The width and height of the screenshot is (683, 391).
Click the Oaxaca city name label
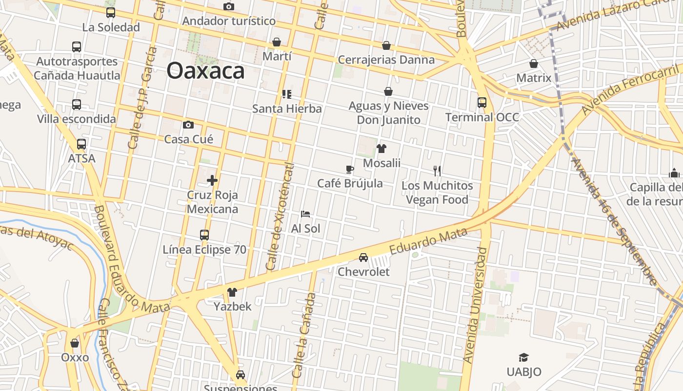click(x=205, y=70)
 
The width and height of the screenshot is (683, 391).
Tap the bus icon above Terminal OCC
click(x=482, y=103)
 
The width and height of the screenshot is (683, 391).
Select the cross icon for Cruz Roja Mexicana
click(x=212, y=180)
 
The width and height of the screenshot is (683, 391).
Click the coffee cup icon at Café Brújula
click(x=350, y=169)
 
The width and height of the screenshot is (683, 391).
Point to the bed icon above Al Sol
click(x=305, y=214)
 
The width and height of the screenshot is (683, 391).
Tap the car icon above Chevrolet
click(x=363, y=258)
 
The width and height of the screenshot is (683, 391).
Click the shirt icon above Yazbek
click(x=232, y=292)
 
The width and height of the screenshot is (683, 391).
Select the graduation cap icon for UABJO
click(x=523, y=358)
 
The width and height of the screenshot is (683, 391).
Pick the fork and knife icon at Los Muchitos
click(x=437, y=171)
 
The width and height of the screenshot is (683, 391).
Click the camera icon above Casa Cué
click(x=188, y=125)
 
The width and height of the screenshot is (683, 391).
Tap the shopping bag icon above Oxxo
click(x=75, y=343)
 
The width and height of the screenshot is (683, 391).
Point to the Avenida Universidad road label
click(x=476, y=305)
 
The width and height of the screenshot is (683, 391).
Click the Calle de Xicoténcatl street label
click(x=281, y=217)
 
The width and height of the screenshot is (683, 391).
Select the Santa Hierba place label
click(x=287, y=109)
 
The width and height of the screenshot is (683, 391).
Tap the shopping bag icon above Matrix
click(x=534, y=64)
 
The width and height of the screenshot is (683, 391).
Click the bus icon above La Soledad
click(x=111, y=13)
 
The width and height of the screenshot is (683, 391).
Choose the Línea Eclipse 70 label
click(x=204, y=250)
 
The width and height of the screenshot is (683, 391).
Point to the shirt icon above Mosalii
click(x=382, y=149)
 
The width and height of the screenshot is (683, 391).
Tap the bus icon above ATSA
click(x=81, y=144)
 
